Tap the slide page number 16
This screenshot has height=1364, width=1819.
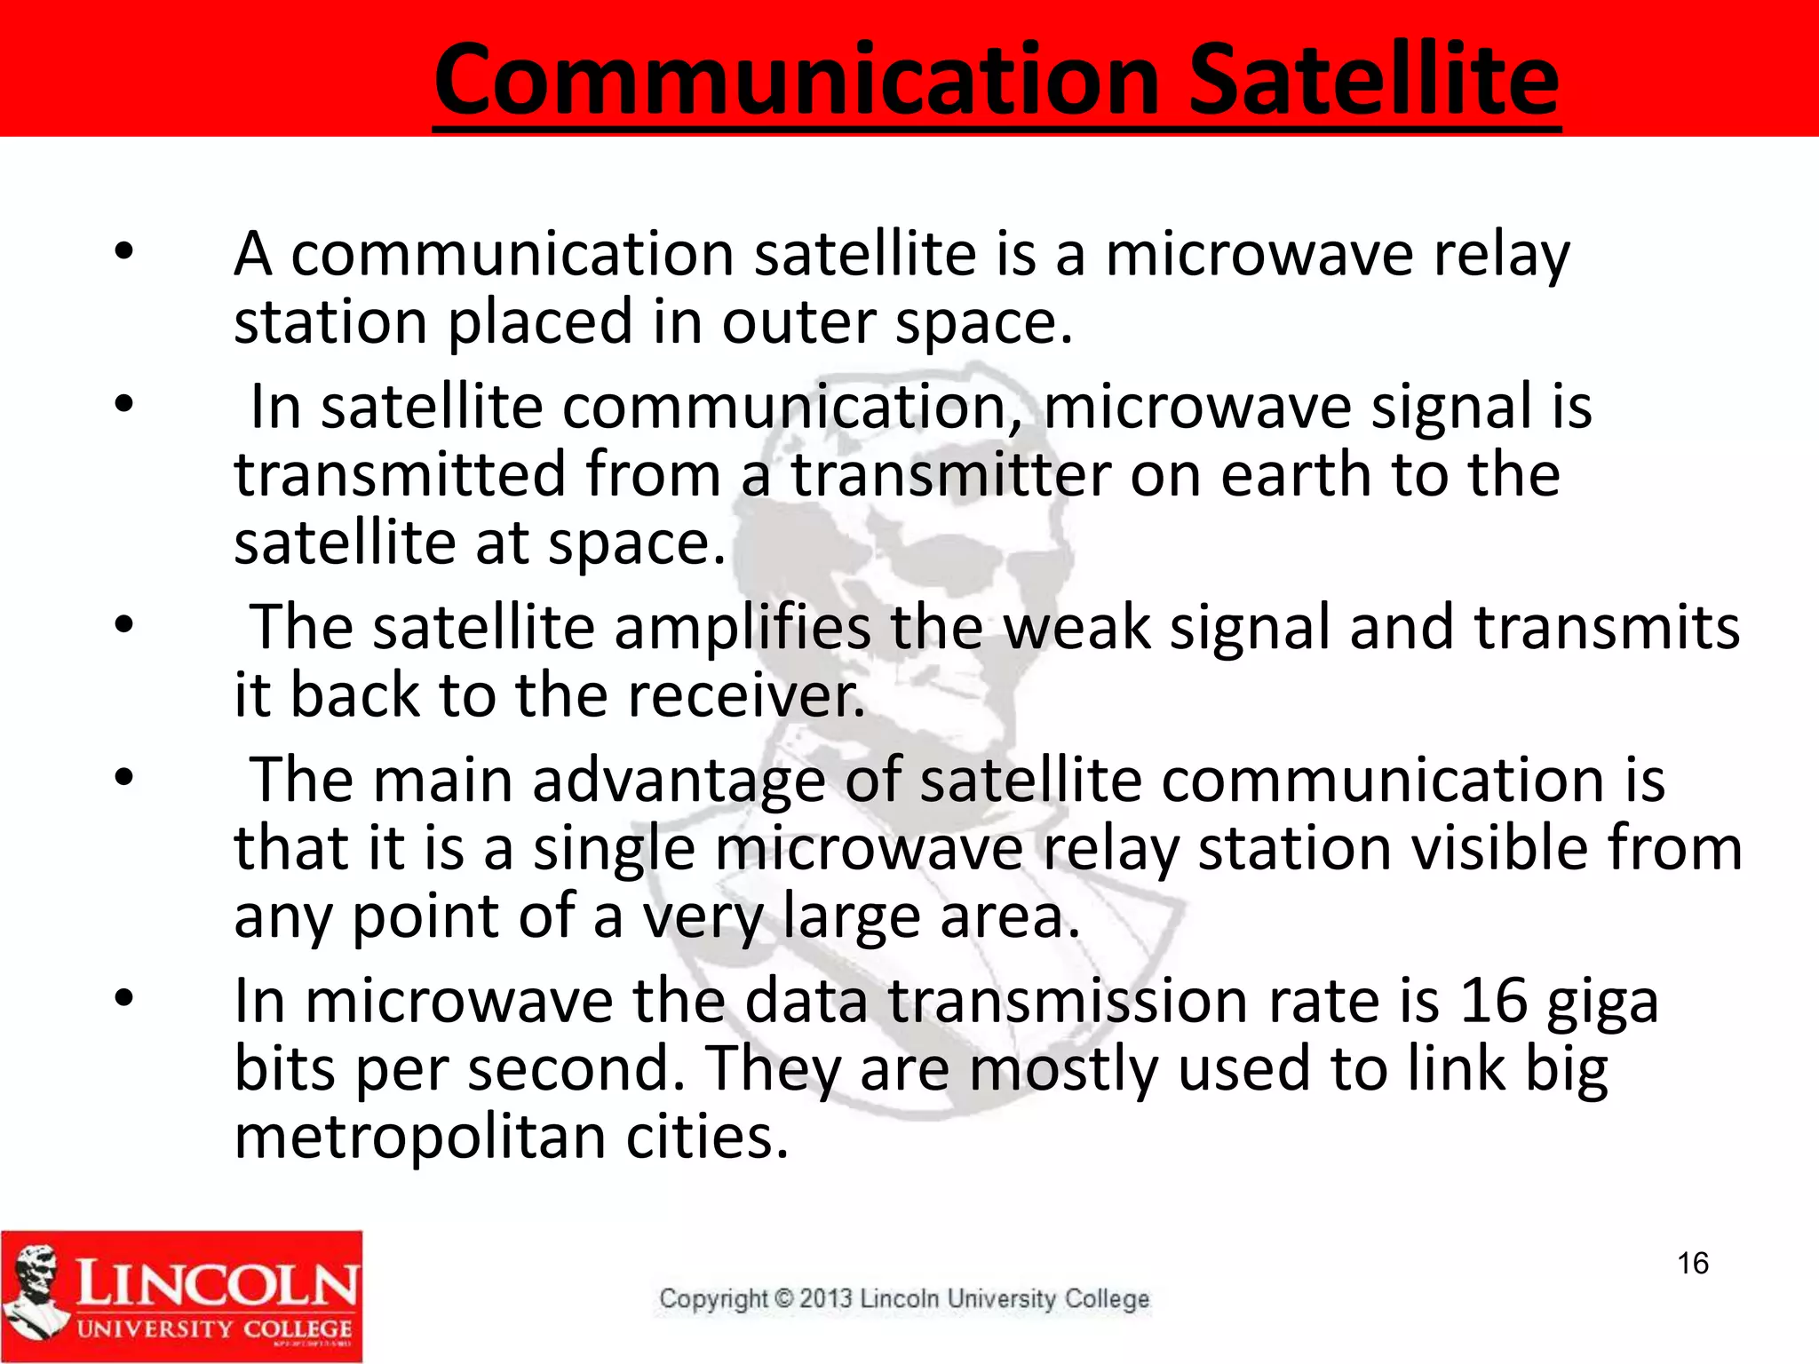[1693, 1263]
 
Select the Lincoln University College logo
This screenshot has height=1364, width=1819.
[182, 1296]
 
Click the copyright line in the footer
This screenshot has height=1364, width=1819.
[903, 1299]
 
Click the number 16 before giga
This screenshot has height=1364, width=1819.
[1493, 1001]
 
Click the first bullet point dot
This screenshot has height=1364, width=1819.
[123, 252]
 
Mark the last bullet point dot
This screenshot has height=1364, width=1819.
[123, 999]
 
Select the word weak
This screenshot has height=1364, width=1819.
[1076, 628]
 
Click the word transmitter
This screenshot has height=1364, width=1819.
[950, 475]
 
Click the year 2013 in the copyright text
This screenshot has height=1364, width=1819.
[826, 1299]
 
